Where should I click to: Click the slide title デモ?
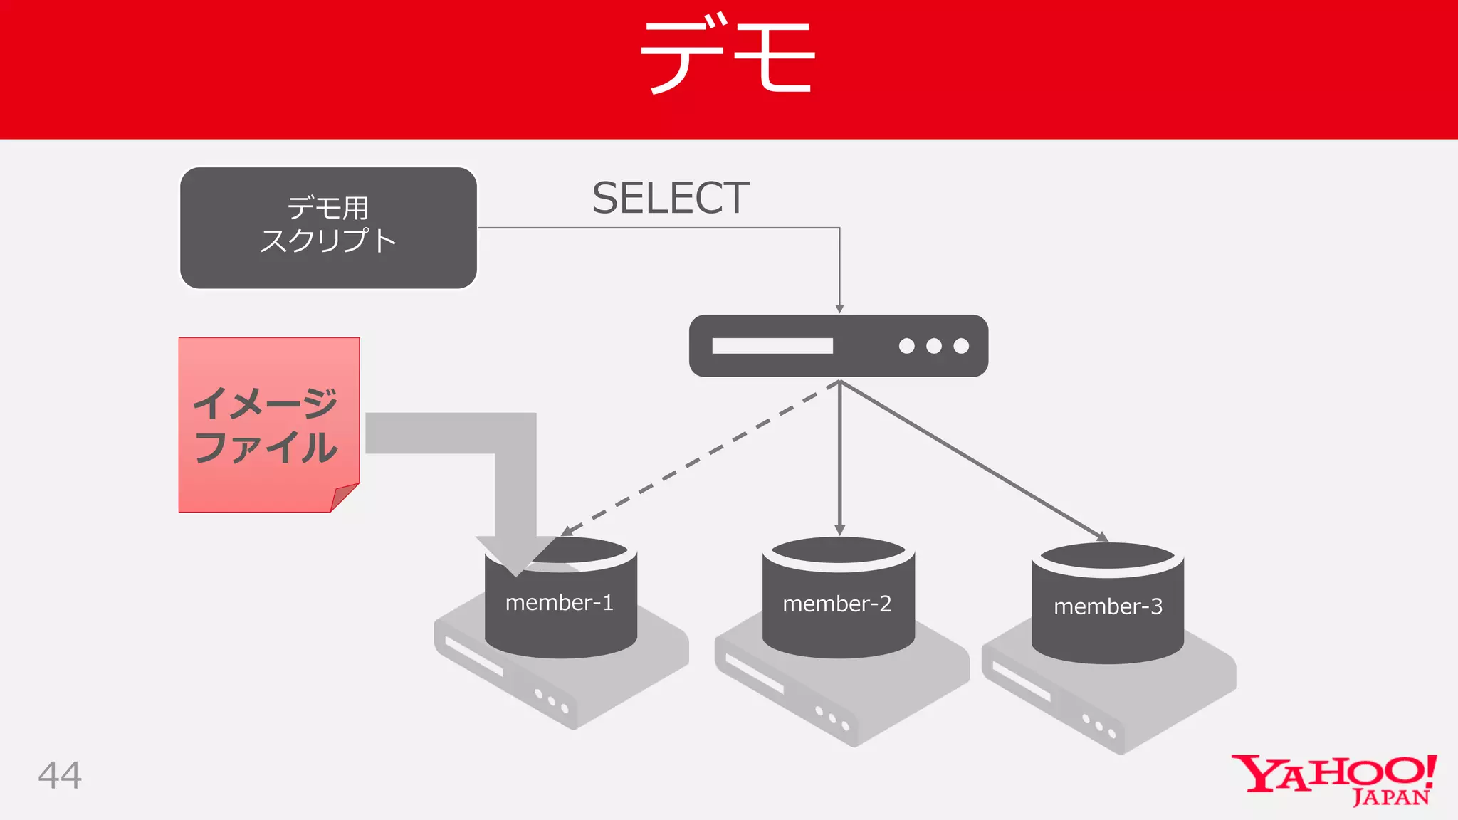pos(728,57)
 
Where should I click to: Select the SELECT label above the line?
pos(670,198)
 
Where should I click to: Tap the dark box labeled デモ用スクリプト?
pos(328,228)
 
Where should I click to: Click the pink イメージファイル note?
pos(268,424)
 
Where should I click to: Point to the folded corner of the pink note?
pos(344,496)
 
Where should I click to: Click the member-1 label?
pos(559,603)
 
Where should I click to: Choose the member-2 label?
pos(836,604)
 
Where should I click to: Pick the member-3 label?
pos(1108,606)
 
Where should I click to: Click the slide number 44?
pos(60,775)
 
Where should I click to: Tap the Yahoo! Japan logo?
pos(1333,780)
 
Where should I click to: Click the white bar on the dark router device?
pos(772,346)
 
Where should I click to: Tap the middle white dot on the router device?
pos(934,346)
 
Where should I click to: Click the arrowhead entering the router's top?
pos(840,308)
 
